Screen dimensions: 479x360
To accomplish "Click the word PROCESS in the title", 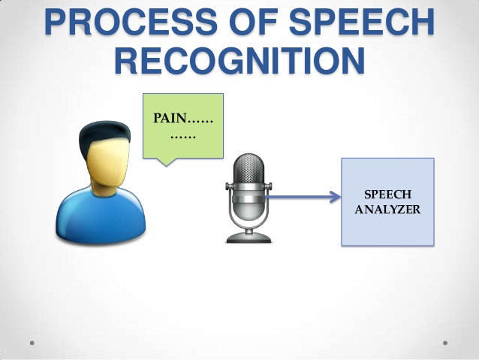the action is (x=131, y=22).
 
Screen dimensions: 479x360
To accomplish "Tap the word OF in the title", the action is (x=253, y=22).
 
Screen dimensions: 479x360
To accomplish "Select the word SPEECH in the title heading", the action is (x=361, y=22).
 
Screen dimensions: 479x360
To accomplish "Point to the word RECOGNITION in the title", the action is (x=239, y=60).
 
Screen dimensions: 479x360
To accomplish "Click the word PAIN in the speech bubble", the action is (x=170, y=118).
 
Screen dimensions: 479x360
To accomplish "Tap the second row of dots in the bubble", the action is (x=183, y=137).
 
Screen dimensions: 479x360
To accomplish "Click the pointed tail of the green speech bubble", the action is (x=167, y=165).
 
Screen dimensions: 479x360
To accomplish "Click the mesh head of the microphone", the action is (x=249, y=168).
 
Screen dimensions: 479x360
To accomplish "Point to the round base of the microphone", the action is (x=249, y=238).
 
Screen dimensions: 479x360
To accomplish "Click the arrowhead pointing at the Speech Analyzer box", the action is (x=336, y=197).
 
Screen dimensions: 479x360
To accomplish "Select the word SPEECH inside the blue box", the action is (x=387, y=194).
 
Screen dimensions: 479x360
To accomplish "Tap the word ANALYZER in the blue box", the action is (x=387, y=210).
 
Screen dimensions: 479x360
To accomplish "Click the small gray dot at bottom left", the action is (x=32, y=343).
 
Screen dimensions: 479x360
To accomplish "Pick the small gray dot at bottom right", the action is (x=445, y=343).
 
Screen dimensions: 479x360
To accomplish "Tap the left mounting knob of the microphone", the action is (x=227, y=186).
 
